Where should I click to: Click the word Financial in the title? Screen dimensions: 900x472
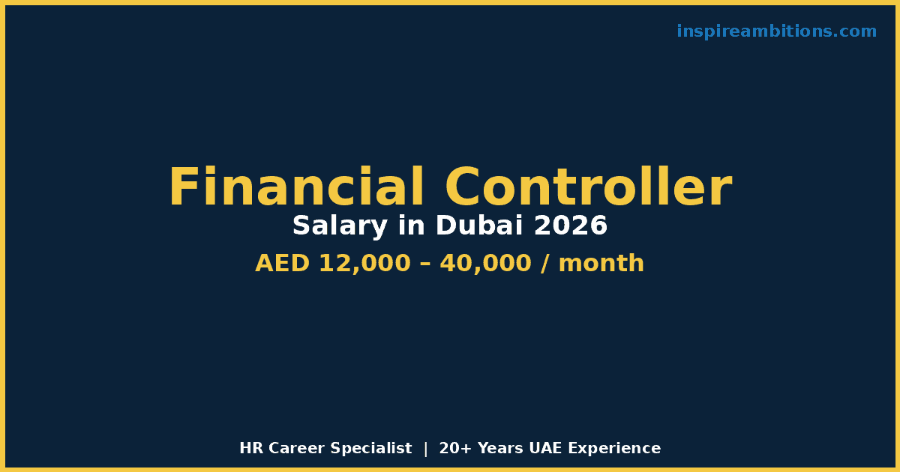[x=296, y=187]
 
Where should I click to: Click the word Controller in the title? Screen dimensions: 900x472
[x=588, y=187]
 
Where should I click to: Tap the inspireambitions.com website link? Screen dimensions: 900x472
[x=776, y=31]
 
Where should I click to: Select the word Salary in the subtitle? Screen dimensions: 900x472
[x=340, y=226]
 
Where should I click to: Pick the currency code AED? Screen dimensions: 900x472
[x=282, y=263]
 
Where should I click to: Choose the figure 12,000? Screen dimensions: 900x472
[x=364, y=264]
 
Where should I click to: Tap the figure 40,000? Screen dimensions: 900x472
[x=486, y=264]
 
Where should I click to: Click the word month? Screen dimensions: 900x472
[x=601, y=263]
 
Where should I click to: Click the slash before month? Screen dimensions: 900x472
[x=544, y=264]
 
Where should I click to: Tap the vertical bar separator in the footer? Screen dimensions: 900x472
[x=426, y=449]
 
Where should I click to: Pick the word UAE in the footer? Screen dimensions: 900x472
[x=545, y=448]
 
